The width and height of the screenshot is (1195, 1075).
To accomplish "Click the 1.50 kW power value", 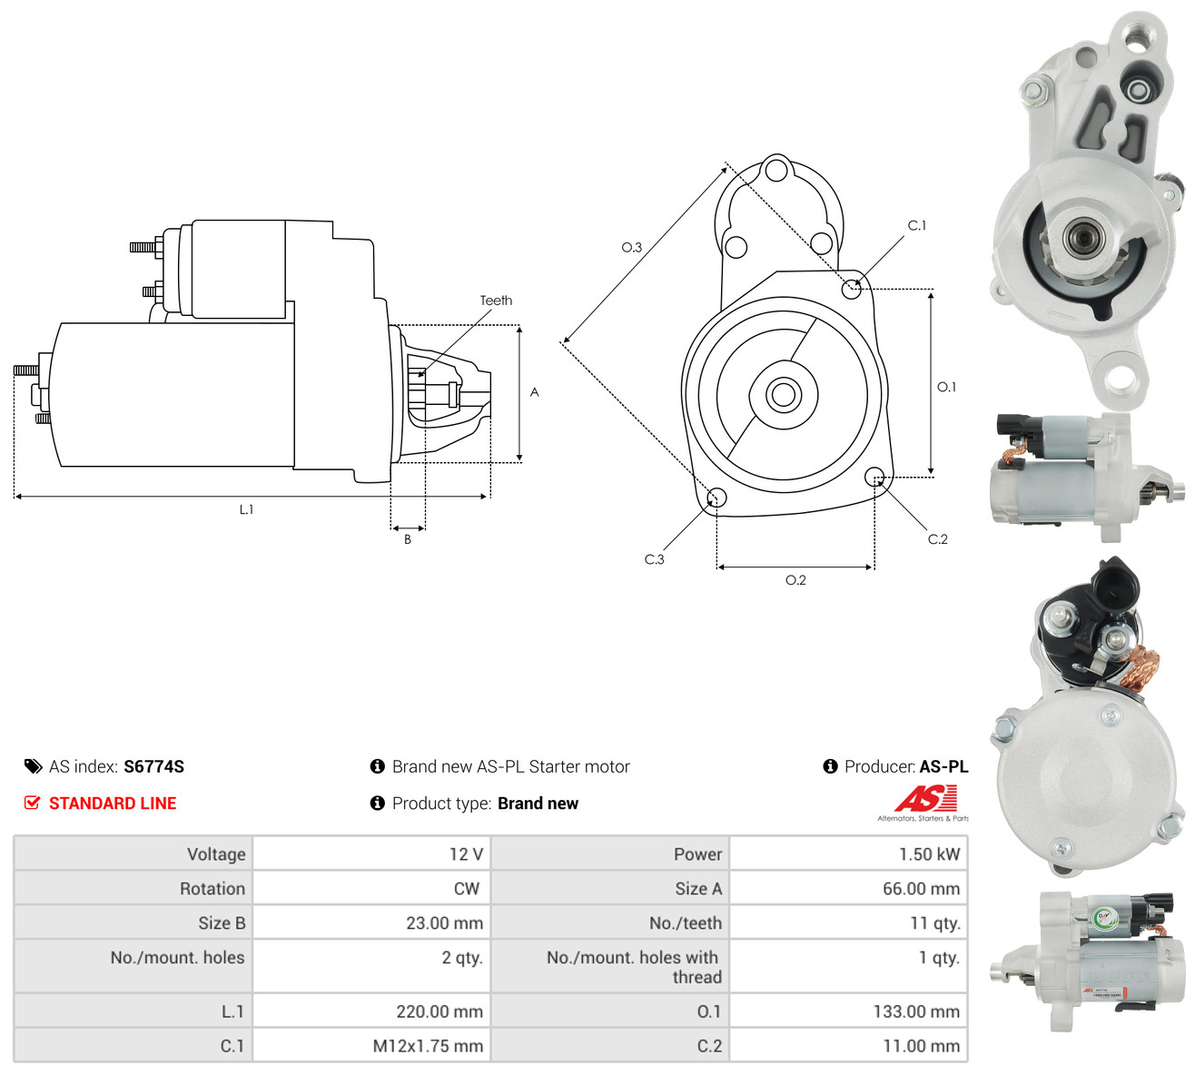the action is (929, 854).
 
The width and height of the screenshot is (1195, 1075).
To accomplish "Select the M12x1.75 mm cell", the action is (428, 1046).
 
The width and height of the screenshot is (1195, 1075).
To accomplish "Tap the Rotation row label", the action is (212, 889).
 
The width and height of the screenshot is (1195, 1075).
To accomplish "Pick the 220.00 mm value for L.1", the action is (439, 1011).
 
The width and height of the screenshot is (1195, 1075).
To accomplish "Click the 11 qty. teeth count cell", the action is (934, 923).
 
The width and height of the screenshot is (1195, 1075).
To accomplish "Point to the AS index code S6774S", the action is (153, 766).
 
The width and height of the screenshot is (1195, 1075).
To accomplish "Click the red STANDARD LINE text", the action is (113, 804).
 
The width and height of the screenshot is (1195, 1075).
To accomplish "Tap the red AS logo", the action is (926, 798).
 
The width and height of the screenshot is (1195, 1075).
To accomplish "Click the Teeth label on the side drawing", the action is (496, 301).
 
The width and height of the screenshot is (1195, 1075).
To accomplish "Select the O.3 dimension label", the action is (631, 247).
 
